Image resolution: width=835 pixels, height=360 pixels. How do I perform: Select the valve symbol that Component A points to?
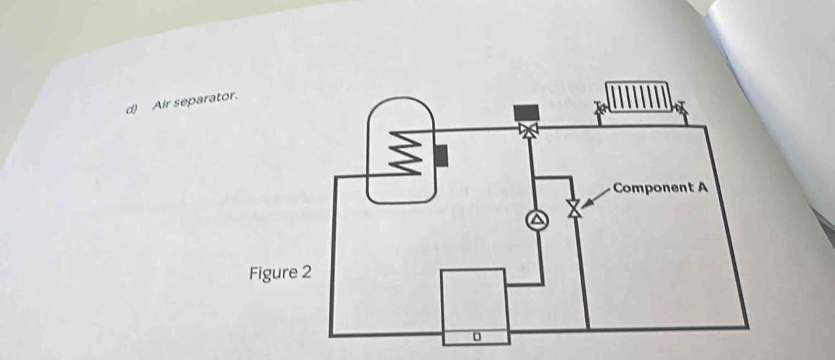[x=572, y=208]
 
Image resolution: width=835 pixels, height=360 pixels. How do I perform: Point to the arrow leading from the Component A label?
[x=597, y=196]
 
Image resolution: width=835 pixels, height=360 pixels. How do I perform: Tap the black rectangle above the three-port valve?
[x=526, y=112]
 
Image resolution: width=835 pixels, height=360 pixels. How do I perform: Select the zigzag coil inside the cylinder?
[x=405, y=153]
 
